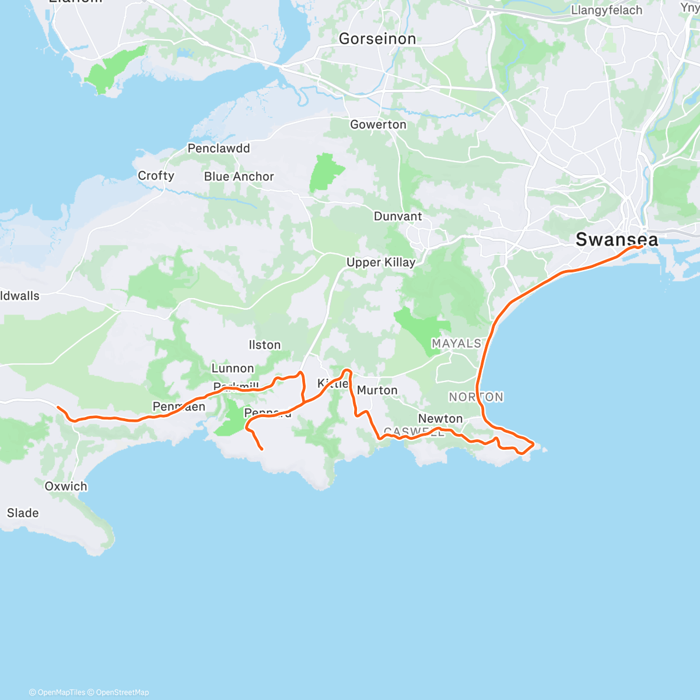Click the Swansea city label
point(617,239)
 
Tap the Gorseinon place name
point(377,39)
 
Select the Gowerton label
point(378,124)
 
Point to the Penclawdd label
point(219,148)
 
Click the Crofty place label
point(156,176)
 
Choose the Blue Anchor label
point(239,176)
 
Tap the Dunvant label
point(398,216)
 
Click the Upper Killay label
point(381,262)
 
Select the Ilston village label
point(265,345)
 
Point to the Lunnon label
point(233,368)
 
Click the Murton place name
point(377,390)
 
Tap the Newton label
point(440,418)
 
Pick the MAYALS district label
point(457,344)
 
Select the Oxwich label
point(66,486)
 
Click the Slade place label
point(23,513)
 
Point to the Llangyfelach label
point(607,10)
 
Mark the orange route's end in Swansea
point(642,247)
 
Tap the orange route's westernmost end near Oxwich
point(58,407)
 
